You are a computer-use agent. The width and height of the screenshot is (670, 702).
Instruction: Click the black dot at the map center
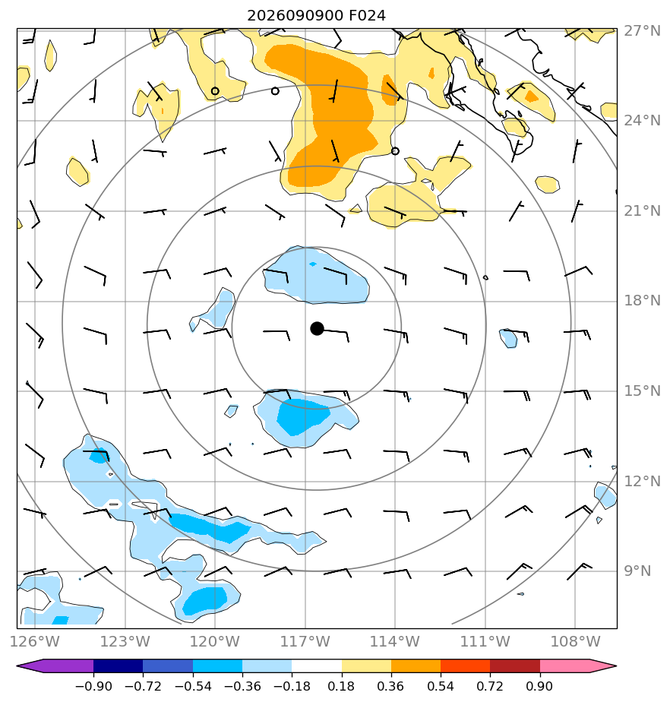click(317, 329)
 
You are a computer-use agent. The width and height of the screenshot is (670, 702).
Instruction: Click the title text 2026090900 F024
click(317, 16)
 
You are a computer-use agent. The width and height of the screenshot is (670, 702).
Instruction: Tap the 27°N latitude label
click(642, 31)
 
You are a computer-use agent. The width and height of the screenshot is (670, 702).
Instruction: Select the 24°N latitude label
click(642, 121)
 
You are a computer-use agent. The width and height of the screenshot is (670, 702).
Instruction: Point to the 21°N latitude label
click(642, 211)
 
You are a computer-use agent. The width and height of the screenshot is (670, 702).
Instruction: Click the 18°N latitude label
click(642, 300)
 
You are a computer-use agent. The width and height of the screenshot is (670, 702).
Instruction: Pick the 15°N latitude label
click(642, 391)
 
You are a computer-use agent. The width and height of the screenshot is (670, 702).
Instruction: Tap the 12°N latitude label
click(642, 481)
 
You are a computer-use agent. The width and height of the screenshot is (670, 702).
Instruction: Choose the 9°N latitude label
click(638, 571)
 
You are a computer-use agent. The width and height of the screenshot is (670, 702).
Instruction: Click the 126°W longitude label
click(35, 641)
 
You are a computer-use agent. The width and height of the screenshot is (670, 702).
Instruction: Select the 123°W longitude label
click(125, 641)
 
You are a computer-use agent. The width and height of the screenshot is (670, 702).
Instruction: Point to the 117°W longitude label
click(305, 641)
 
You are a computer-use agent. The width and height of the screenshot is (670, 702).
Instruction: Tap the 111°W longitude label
click(485, 641)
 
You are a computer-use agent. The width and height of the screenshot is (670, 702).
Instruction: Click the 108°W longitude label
click(575, 641)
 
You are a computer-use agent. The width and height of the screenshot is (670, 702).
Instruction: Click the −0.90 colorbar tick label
click(93, 686)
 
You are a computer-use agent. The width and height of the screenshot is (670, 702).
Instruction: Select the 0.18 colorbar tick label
click(341, 686)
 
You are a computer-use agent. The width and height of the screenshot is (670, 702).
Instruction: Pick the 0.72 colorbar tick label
click(490, 686)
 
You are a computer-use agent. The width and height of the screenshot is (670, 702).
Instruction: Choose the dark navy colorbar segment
click(119, 666)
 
